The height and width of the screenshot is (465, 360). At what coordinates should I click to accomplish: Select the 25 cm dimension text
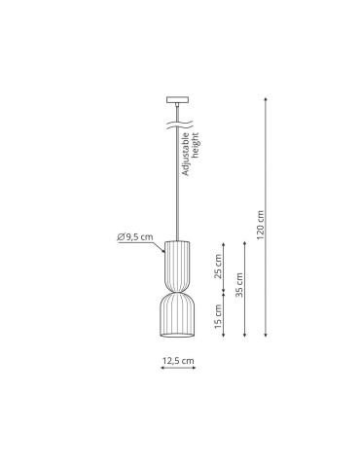pyautogui.click(x=218, y=264)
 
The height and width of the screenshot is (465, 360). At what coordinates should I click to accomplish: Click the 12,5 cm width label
pyautogui.click(x=178, y=361)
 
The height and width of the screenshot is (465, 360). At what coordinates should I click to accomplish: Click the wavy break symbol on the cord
pyautogui.click(x=177, y=125)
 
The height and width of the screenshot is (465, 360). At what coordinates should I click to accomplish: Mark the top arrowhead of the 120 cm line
pyautogui.click(x=266, y=98)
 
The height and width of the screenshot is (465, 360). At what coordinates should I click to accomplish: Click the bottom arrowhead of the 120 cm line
pyautogui.click(x=266, y=337)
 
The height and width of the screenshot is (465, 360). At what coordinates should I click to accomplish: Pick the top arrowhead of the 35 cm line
pyautogui.click(x=245, y=240)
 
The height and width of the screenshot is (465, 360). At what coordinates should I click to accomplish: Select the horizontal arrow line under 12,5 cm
pyautogui.click(x=178, y=370)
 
